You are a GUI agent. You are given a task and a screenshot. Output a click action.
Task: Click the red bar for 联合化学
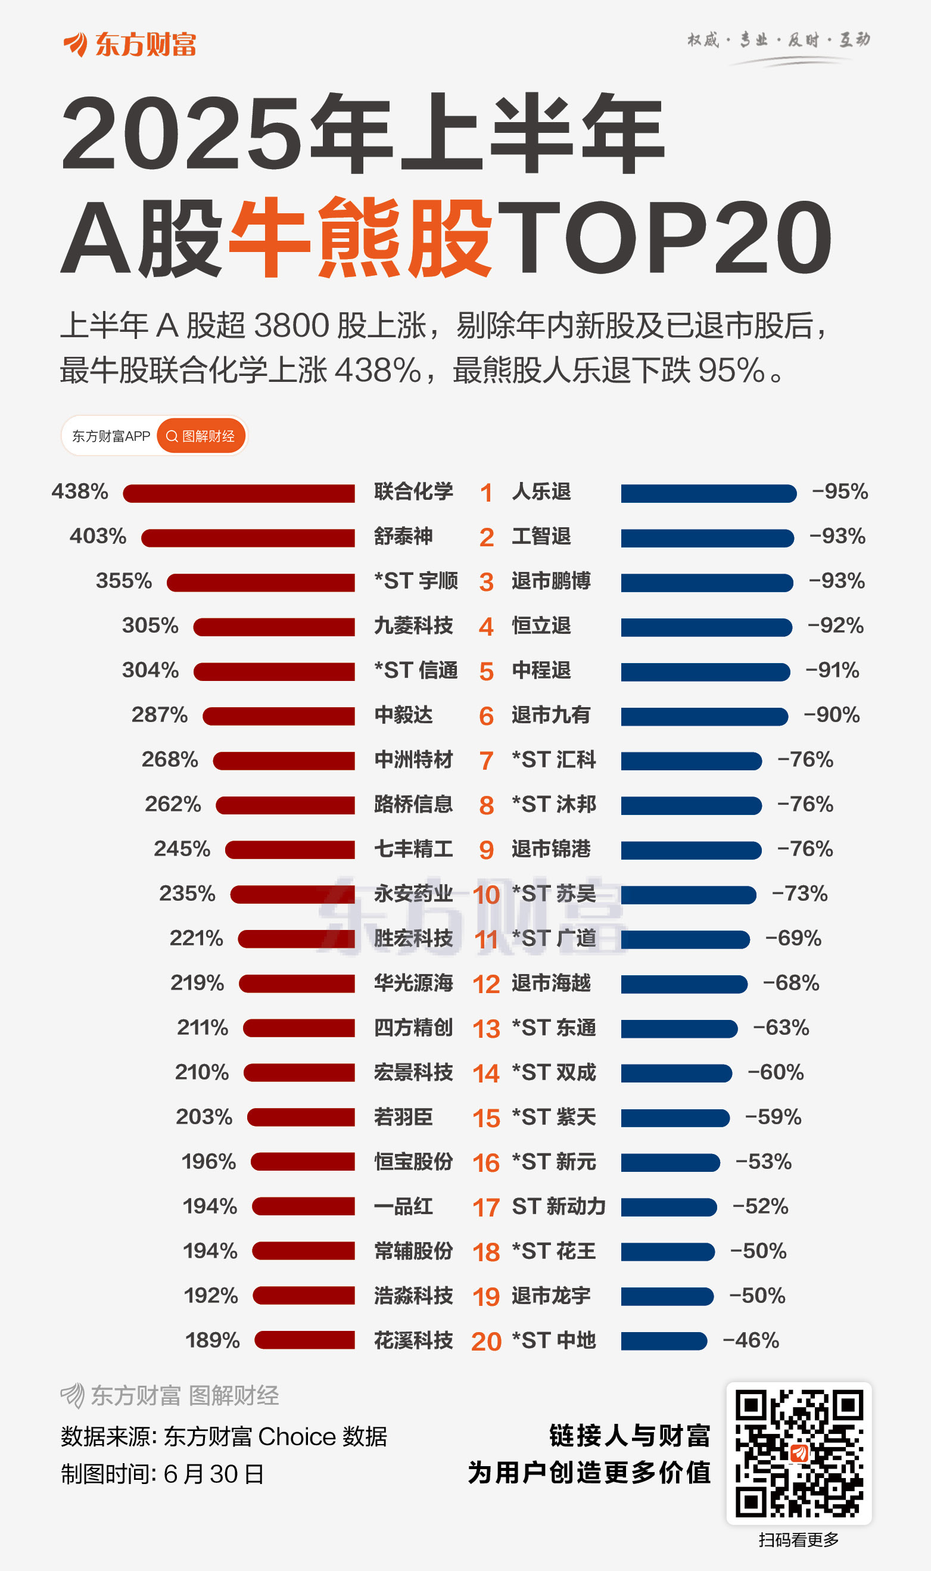(238, 493)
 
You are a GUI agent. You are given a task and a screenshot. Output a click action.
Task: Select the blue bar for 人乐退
(708, 493)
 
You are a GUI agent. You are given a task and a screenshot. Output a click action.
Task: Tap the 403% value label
(98, 536)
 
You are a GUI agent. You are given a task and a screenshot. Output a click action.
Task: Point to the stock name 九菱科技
(413, 626)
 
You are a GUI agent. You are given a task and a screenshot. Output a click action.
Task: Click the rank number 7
(485, 761)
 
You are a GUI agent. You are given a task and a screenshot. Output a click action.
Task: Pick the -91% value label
(832, 670)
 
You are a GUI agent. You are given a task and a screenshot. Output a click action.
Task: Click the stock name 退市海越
(551, 983)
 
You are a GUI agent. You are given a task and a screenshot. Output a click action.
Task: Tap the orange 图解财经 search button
(201, 436)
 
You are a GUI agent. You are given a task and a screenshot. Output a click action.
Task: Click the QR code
(799, 1453)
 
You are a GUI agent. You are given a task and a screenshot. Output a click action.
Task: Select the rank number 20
(485, 1342)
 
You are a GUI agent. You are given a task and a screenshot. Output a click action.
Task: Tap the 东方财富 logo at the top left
(130, 45)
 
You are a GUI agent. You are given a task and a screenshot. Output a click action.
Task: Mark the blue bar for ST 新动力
(669, 1206)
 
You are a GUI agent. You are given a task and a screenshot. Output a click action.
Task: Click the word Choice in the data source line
(297, 1436)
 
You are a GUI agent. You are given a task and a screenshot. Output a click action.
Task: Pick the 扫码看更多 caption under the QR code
(798, 1539)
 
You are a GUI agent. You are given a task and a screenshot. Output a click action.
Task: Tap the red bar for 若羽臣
(301, 1118)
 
